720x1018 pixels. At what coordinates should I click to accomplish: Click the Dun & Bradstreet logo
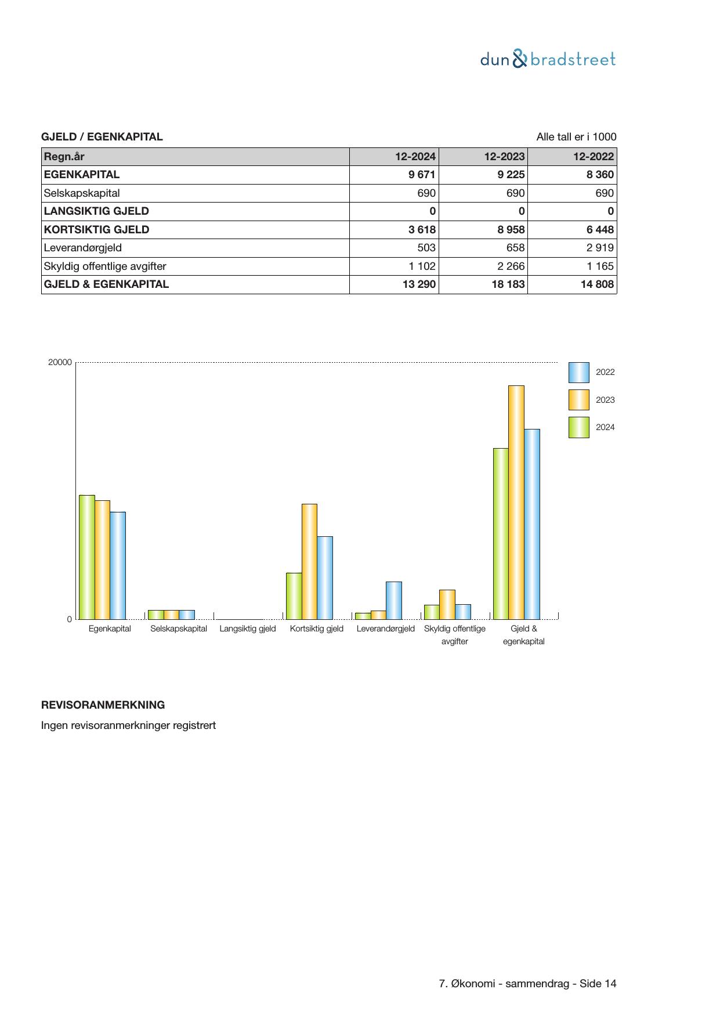[548, 59]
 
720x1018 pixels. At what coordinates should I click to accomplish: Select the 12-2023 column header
[504, 156]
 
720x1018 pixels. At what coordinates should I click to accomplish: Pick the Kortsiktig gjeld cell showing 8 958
[511, 229]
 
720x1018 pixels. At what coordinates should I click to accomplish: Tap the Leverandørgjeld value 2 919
[600, 248]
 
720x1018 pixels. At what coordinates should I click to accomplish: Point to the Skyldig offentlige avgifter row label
[105, 266]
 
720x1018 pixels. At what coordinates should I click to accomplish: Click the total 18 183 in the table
[508, 284]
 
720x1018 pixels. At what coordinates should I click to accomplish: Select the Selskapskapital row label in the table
[82, 193]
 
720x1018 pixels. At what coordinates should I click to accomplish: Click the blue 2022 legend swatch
[578, 373]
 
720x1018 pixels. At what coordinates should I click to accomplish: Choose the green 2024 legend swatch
[578, 427]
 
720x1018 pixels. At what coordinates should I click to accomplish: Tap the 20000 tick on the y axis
[60, 362]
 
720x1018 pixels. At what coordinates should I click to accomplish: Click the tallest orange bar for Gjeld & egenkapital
[516, 502]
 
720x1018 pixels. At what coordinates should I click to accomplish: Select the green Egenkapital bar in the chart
[86, 557]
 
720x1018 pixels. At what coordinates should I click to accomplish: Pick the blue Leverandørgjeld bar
[393, 600]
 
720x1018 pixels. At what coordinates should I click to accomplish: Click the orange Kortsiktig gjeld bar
[309, 561]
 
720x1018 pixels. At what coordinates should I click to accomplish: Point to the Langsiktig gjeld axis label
[248, 629]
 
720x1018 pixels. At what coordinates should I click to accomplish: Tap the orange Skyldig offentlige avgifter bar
[447, 604]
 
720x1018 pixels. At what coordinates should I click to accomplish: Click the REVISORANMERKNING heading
[103, 705]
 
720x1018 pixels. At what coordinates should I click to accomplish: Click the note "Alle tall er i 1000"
[576, 137]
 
